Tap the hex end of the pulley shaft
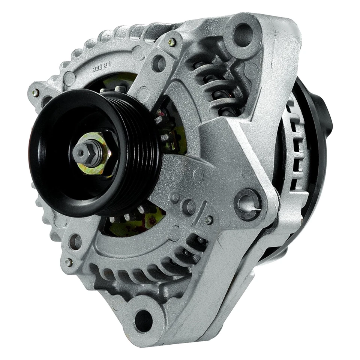pyautogui.click(x=82, y=152)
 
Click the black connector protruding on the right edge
pyautogui.click(x=327, y=112)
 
